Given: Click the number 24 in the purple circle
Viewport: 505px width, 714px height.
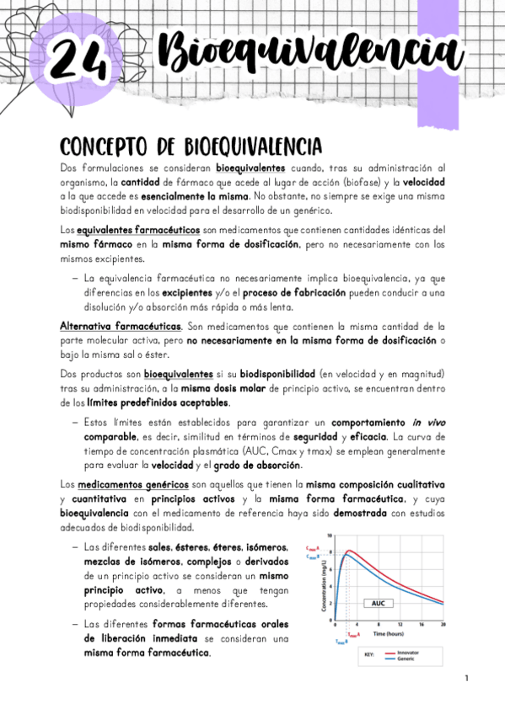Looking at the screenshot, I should point(78,60).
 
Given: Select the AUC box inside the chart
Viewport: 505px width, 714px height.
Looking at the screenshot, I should point(379,603).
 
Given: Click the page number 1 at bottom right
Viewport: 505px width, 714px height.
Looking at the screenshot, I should point(465,679).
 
